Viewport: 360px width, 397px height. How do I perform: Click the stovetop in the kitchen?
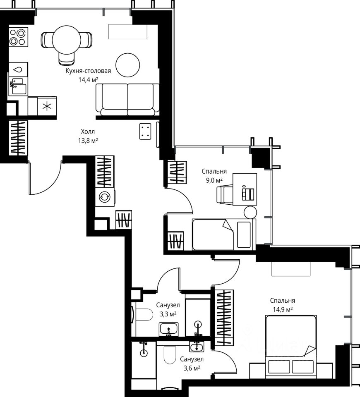(18, 37)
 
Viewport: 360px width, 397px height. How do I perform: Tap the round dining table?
(66, 40)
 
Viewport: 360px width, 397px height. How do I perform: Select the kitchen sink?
(18, 86)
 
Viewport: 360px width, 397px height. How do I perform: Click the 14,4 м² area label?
(88, 80)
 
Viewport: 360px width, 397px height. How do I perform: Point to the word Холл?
(88, 132)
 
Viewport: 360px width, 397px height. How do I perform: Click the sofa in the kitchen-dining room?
(128, 100)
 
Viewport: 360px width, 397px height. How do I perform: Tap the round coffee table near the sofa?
(128, 65)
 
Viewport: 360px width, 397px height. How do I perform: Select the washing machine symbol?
(105, 197)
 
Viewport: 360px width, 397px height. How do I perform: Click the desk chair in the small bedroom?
(224, 194)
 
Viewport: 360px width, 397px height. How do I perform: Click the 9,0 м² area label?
(214, 180)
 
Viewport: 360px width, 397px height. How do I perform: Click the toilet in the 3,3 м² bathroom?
(144, 315)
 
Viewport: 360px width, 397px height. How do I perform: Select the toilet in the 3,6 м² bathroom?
(170, 355)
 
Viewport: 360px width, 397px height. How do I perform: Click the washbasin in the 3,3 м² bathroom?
(169, 329)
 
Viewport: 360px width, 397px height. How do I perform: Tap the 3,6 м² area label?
(192, 368)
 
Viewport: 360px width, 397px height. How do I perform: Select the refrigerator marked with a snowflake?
(47, 106)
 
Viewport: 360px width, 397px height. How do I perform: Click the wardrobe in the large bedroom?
(224, 318)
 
